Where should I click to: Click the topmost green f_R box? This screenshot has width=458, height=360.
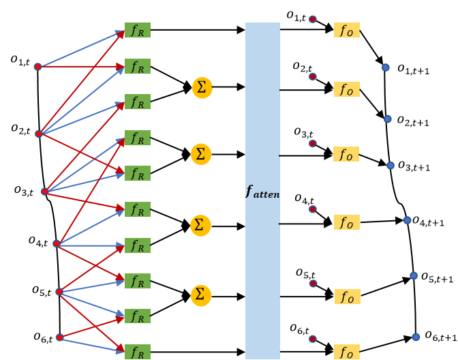tap(137, 30)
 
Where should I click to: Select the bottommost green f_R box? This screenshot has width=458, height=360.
tap(137, 352)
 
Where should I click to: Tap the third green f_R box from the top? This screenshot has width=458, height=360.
tap(137, 102)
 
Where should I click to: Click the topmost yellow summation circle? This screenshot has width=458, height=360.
tap(202, 88)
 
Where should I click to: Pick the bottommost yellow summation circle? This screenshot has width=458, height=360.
tap(200, 295)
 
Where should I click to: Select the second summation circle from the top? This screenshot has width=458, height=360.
tap(200, 154)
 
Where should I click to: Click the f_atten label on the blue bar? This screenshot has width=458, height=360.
tap(262, 193)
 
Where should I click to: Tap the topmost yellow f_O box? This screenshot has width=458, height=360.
tap(346, 31)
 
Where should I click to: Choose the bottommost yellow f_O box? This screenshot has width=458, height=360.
tap(346, 352)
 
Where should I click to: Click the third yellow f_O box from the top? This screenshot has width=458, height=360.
tap(346, 155)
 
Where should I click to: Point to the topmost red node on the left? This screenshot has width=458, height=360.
tap(37, 66)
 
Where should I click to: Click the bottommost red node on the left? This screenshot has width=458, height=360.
tap(59, 337)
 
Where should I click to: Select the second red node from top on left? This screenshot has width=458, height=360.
tap(39, 134)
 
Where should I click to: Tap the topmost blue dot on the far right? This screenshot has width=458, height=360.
tap(385, 67)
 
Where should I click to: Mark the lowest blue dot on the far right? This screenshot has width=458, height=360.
tap(416, 337)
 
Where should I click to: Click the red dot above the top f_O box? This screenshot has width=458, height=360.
tap(312, 19)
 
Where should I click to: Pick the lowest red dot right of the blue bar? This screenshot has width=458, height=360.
tap(312, 339)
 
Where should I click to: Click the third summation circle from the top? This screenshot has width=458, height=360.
tap(200, 225)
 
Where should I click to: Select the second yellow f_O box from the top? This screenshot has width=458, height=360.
tap(346, 89)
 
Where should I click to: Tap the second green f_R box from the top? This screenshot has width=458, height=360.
tap(137, 66)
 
